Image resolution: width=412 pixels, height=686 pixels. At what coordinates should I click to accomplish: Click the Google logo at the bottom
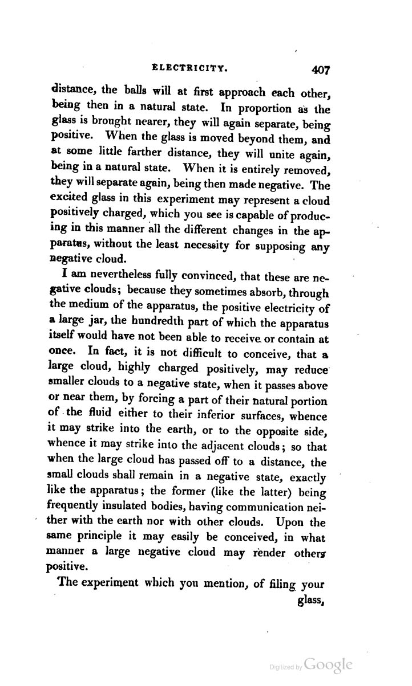328,665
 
